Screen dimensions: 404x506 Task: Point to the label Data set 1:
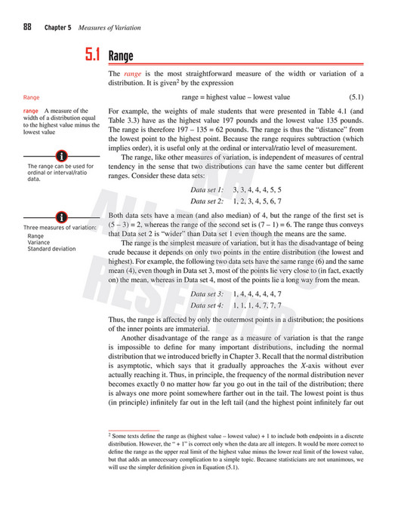tap(208, 191)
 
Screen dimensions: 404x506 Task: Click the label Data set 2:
tap(208, 202)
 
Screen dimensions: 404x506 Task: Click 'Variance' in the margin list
tap(39, 242)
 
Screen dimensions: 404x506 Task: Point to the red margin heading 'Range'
tap(32, 98)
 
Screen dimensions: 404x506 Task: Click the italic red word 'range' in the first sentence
tap(133, 74)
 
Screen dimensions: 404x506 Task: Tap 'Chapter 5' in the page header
tap(57, 27)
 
